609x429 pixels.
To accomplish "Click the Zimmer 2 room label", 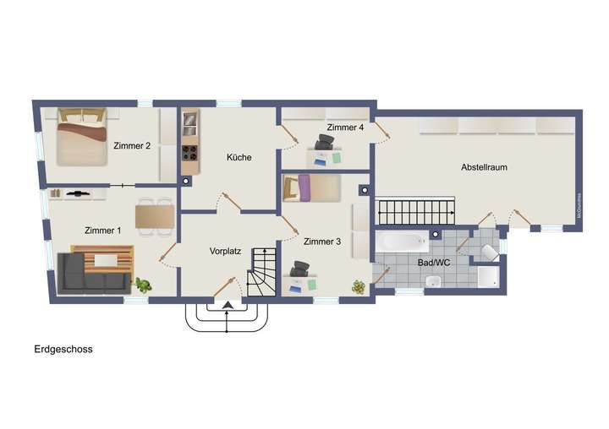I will [x=131, y=145].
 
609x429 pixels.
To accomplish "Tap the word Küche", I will [x=239, y=157].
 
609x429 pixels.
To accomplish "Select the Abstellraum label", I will [x=484, y=167].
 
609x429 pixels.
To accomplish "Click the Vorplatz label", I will [x=226, y=251].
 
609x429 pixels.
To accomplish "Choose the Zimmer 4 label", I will [x=345, y=128].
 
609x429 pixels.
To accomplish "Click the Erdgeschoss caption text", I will [x=63, y=348].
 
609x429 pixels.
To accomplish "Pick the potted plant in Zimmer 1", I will [x=144, y=285].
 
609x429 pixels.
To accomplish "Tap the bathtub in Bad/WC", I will [x=402, y=242].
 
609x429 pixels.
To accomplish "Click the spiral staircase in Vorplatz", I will [x=262, y=271].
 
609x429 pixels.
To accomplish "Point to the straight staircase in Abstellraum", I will [x=415, y=211].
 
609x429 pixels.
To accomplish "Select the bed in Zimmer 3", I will [x=310, y=188].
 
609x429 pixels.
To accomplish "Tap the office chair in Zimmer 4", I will [x=324, y=144].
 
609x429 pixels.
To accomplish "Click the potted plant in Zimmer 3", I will [x=359, y=287].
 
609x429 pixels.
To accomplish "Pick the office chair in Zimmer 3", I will [x=299, y=270].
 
